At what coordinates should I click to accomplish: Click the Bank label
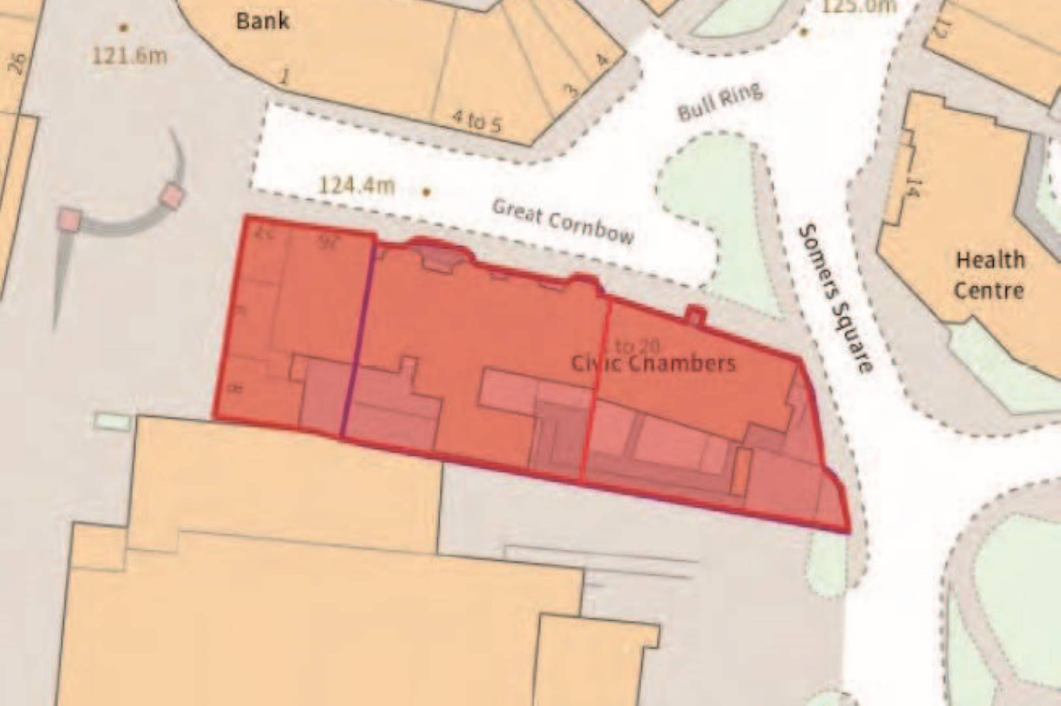pos(262,21)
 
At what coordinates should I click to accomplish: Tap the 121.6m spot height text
pos(129,55)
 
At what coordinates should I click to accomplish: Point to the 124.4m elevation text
pos(357,186)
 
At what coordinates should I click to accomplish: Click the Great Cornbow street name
pos(563,221)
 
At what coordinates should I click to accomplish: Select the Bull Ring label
pos(720,102)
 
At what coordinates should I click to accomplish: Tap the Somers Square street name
pos(835,298)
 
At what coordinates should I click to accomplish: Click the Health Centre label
pos(989,275)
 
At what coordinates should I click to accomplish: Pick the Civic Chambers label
pos(653,363)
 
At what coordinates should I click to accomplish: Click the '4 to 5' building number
pos(477,121)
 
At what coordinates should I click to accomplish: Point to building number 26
pos(17,64)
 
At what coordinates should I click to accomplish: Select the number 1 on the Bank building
pos(284,77)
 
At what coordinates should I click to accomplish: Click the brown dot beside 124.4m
pos(426,192)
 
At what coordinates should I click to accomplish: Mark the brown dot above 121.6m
pos(123,28)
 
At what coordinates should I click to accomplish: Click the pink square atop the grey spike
pos(69,220)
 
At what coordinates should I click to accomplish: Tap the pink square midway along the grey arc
pos(172,195)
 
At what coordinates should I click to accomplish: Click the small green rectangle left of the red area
pos(112,422)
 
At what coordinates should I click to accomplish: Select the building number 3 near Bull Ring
pos(572,90)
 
